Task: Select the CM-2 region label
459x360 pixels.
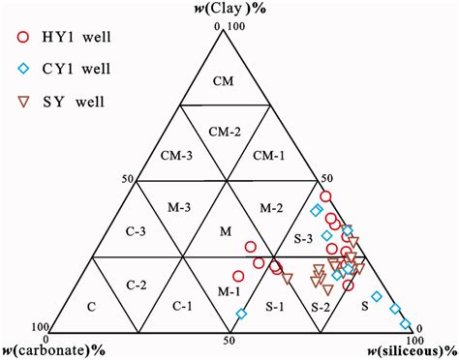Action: coord(225,134)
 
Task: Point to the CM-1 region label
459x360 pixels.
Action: coord(270,156)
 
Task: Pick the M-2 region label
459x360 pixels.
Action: coord(271,207)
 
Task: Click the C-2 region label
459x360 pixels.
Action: coord(137,285)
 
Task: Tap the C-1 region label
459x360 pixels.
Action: coord(180,307)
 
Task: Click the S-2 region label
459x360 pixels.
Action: coord(321,307)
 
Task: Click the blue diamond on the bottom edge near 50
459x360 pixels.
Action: coord(241,314)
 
